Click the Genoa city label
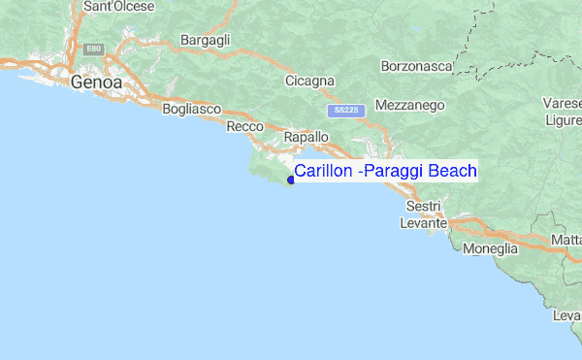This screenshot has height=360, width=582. [96, 83]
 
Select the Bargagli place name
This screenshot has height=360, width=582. [205, 41]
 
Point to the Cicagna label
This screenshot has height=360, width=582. [309, 81]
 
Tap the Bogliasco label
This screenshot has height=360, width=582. [192, 110]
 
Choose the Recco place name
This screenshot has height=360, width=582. [245, 127]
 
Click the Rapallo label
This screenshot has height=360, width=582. [306, 139]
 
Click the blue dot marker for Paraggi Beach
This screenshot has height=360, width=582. [291, 180]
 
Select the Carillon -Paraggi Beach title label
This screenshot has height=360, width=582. [385, 172]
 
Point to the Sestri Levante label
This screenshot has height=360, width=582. [424, 215]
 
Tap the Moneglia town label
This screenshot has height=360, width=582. [491, 249]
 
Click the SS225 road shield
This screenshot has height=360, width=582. [345, 111]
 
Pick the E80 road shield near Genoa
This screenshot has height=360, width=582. [93, 48]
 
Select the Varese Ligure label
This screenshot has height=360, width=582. [563, 112]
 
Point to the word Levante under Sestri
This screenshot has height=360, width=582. [424, 223]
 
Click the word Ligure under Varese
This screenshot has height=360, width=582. [564, 119]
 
